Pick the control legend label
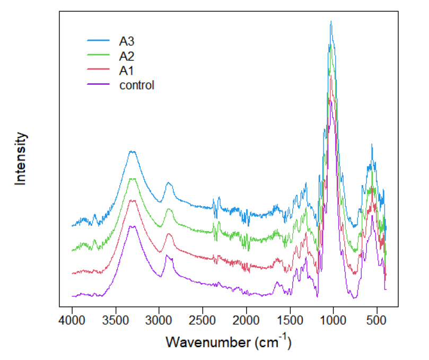136,85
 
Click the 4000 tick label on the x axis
72,320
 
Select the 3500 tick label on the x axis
116,320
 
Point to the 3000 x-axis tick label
159,320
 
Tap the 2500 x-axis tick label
203,320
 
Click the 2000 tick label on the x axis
246,320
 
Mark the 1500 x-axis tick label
290,320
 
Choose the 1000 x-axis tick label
333,320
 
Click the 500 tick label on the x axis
377,320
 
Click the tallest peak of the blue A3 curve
331,22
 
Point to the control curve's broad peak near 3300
133,227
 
